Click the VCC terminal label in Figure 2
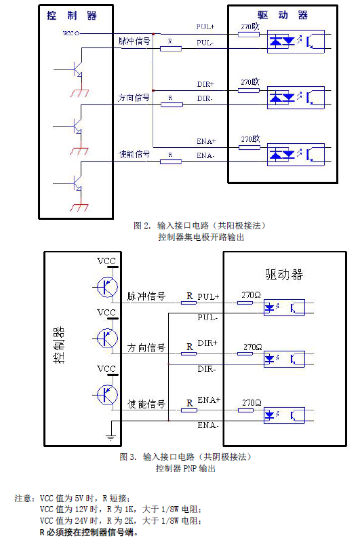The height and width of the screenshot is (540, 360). (69, 33)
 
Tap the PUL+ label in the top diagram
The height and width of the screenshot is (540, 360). (205, 27)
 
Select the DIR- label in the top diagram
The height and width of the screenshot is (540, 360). (205, 98)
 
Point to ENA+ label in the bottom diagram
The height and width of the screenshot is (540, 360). (209, 400)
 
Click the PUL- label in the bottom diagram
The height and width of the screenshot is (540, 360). (207, 317)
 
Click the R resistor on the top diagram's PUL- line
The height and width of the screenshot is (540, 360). (171, 49)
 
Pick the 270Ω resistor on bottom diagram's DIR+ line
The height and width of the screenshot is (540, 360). (245, 353)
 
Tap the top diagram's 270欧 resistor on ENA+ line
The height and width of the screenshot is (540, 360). (249, 147)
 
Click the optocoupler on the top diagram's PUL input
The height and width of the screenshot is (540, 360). (296, 41)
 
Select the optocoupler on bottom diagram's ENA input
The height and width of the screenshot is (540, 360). (284, 415)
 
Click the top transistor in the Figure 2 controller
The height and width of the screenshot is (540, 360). (78, 69)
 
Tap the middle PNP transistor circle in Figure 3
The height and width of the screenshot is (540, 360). (107, 339)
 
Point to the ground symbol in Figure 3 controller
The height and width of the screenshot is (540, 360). (111, 438)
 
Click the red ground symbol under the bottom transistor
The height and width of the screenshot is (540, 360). (79, 208)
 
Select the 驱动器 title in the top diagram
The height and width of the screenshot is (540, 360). (283, 15)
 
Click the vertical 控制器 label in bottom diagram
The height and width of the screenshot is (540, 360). (59, 345)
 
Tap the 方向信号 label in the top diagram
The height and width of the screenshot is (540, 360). (134, 98)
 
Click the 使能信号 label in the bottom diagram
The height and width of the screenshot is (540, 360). (146, 404)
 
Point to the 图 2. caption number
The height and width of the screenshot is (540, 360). (142, 226)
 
